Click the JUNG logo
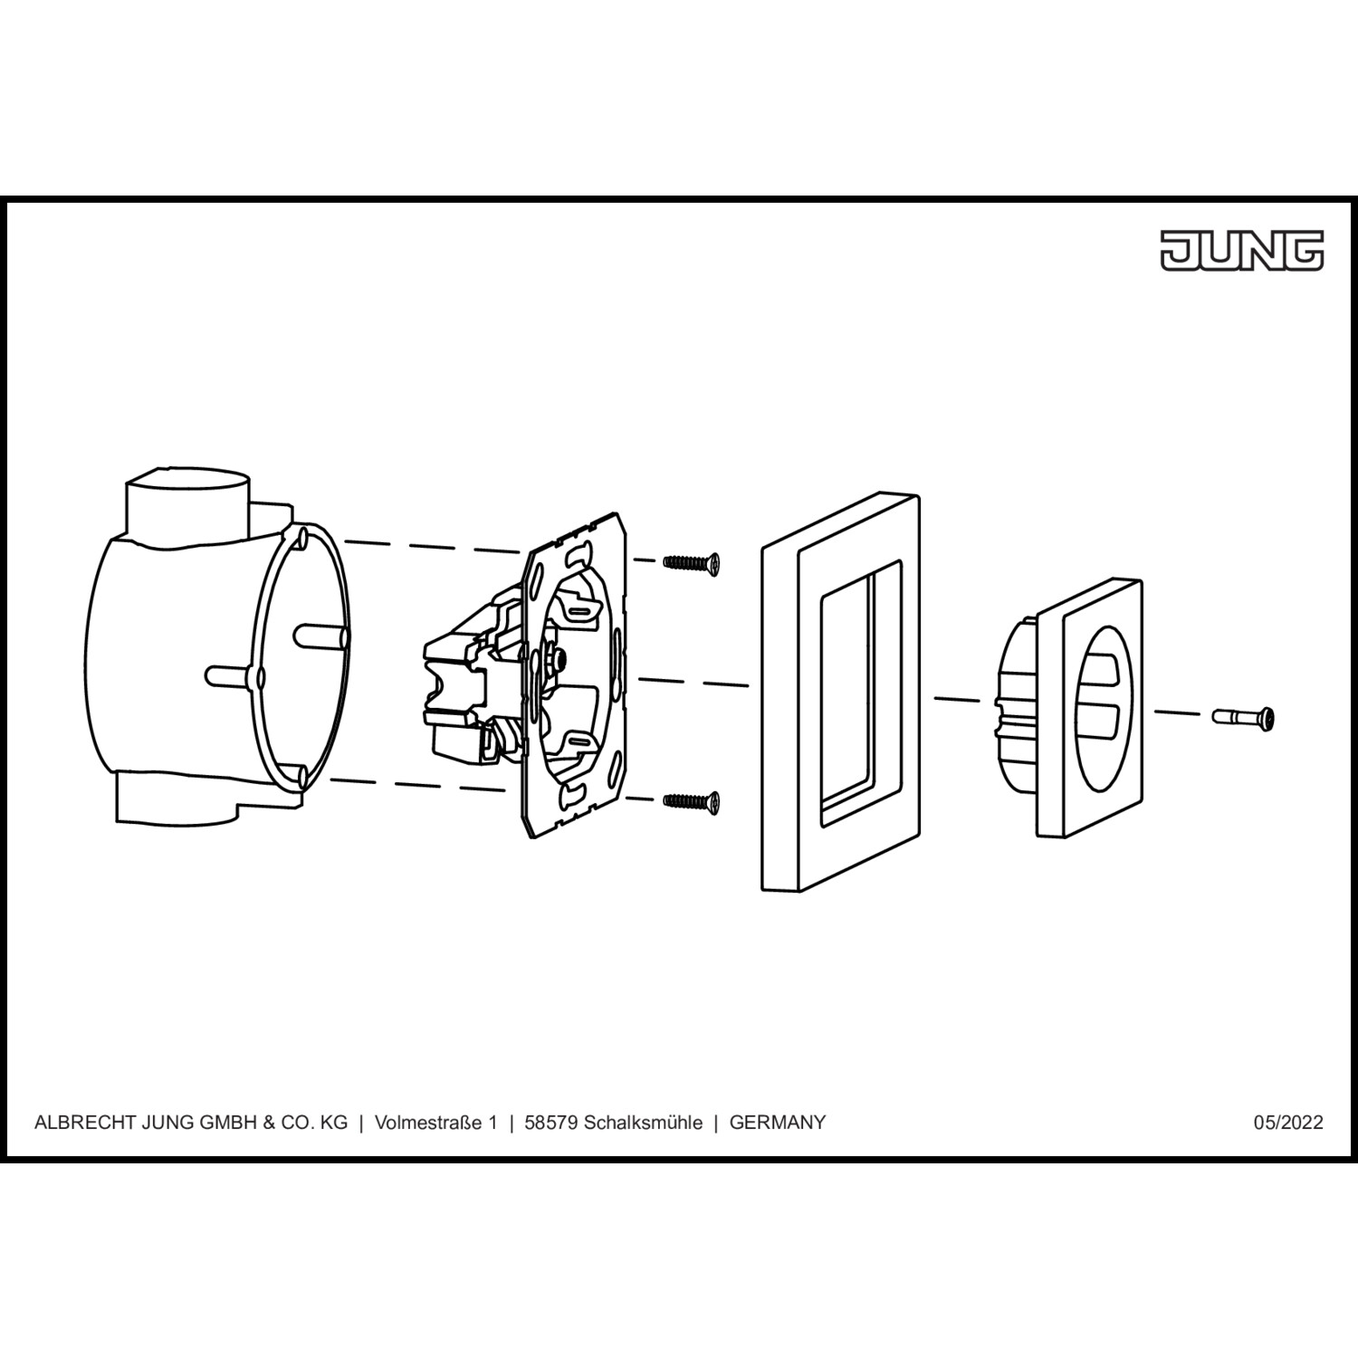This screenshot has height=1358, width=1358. (x=1242, y=250)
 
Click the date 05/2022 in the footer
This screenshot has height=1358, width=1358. (x=1288, y=1123)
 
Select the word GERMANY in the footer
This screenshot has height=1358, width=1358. (x=778, y=1123)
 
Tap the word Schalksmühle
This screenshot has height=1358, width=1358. (x=643, y=1123)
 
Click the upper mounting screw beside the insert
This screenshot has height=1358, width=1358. (x=692, y=563)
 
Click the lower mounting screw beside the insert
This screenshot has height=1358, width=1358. (x=692, y=800)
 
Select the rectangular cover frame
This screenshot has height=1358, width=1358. (x=840, y=692)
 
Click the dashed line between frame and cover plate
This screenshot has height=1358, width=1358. (x=958, y=700)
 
